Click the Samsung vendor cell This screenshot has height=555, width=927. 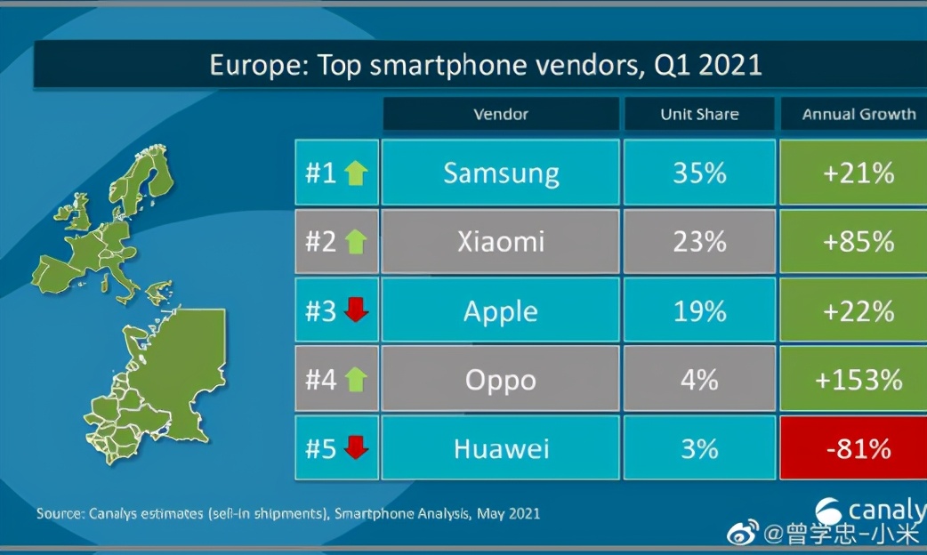point(501,173)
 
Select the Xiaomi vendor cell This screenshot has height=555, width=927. point(501,241)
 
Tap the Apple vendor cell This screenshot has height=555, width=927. point(501,310)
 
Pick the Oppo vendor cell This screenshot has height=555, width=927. point(501,380)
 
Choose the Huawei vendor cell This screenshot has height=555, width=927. point(501,448)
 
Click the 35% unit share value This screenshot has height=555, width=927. point(699,173)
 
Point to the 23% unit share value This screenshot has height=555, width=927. point(699,241)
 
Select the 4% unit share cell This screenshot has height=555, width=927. point(699,380)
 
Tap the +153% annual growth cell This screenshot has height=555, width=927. point(858,380)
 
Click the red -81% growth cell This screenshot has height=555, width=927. point(858,448)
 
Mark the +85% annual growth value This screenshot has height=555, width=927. point(858,241)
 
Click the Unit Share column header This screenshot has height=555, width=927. point(699,114)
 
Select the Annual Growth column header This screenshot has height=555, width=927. point(858,114)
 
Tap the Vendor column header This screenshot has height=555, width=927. point(501,114)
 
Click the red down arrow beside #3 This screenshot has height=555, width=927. point(356,310)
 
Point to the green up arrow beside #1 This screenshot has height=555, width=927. point(356,173)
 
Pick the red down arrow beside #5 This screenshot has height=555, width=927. point(356,448)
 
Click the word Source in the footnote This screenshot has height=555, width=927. point(59,513)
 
